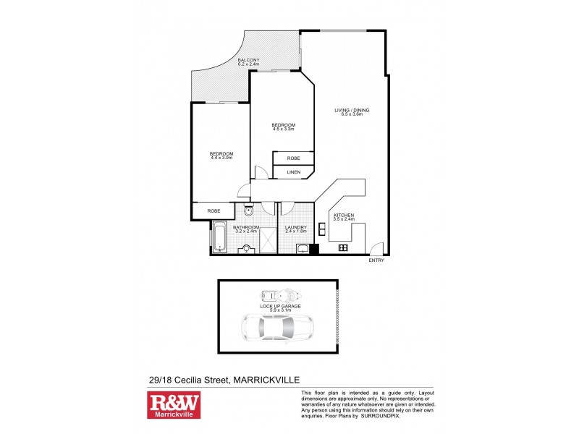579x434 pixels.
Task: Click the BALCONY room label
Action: tap(249, 60)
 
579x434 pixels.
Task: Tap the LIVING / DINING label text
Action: tap(352, 110)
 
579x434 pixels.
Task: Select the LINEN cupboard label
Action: tap(293, 172)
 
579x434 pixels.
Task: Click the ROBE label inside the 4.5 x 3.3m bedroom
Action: tap(293, 158)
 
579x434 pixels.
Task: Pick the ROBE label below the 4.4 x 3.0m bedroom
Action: tap(214, 210)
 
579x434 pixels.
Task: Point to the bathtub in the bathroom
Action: tap(219, 237)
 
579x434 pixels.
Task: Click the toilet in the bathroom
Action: tap(248, 212)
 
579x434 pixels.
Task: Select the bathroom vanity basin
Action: tap(248, 249)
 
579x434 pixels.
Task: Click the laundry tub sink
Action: tap(303, 250)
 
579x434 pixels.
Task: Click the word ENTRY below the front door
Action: tap(376, 260)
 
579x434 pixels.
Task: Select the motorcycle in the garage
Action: tap(279, 296)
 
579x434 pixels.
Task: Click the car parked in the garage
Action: tap(278, 329)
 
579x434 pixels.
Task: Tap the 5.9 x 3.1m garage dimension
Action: tap(277, 310)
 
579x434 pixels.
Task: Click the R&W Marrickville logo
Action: tap(174, 406)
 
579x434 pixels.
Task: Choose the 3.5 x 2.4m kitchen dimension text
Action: tap(343, 219)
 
